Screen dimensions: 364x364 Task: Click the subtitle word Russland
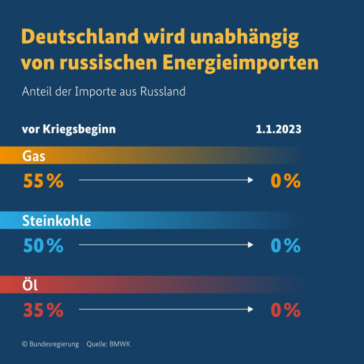coord(163,91)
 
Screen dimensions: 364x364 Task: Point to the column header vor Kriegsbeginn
coord(69,130)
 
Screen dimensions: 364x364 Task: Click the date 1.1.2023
coord(279,130)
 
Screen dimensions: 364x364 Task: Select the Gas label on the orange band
coord(34,156)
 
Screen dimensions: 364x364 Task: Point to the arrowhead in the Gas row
coord(251,180)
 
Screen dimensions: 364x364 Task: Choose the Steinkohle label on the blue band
coord(57,221)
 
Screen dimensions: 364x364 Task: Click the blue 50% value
coord(43,246)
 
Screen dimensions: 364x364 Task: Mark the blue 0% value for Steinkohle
coord(286,246)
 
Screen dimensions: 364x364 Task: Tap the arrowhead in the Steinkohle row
coord(251,245)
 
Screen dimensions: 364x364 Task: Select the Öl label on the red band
coord(30,285)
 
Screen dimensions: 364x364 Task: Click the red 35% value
coord(43,310)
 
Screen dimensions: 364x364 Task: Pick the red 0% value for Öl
coord(286,310)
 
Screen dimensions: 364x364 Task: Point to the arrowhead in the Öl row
coord(251,309)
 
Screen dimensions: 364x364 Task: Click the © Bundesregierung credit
coord(50,344)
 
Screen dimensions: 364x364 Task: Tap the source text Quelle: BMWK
coord(109,344)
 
